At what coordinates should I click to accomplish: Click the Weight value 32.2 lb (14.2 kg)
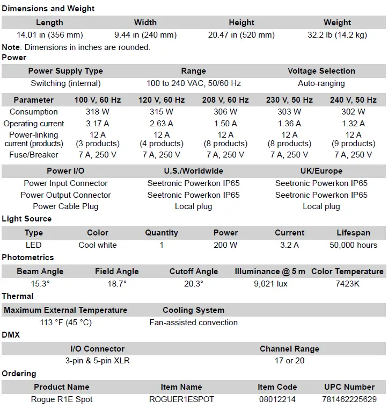338,35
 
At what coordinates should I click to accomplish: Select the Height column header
241,23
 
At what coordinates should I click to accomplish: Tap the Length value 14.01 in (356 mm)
49,35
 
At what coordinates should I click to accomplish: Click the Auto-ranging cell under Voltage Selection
321,83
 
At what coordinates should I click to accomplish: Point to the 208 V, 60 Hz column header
225,100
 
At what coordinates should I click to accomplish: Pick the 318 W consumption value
97,112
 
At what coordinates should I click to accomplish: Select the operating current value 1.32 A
353,123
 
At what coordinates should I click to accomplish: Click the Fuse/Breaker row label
33,155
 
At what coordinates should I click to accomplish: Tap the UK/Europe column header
321,171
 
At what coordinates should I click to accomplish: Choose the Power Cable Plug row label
65,206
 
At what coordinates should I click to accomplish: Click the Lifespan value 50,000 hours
353,245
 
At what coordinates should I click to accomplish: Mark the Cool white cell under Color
98,245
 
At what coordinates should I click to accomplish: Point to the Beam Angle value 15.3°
40,283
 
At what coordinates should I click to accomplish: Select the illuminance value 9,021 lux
270,283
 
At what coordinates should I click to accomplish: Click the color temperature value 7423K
347,283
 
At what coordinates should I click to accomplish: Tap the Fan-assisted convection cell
193,323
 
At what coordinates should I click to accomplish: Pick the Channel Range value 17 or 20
289,361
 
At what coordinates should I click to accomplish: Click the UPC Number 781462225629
349,399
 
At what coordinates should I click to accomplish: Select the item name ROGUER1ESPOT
181,399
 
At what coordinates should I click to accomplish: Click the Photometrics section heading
28,257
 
